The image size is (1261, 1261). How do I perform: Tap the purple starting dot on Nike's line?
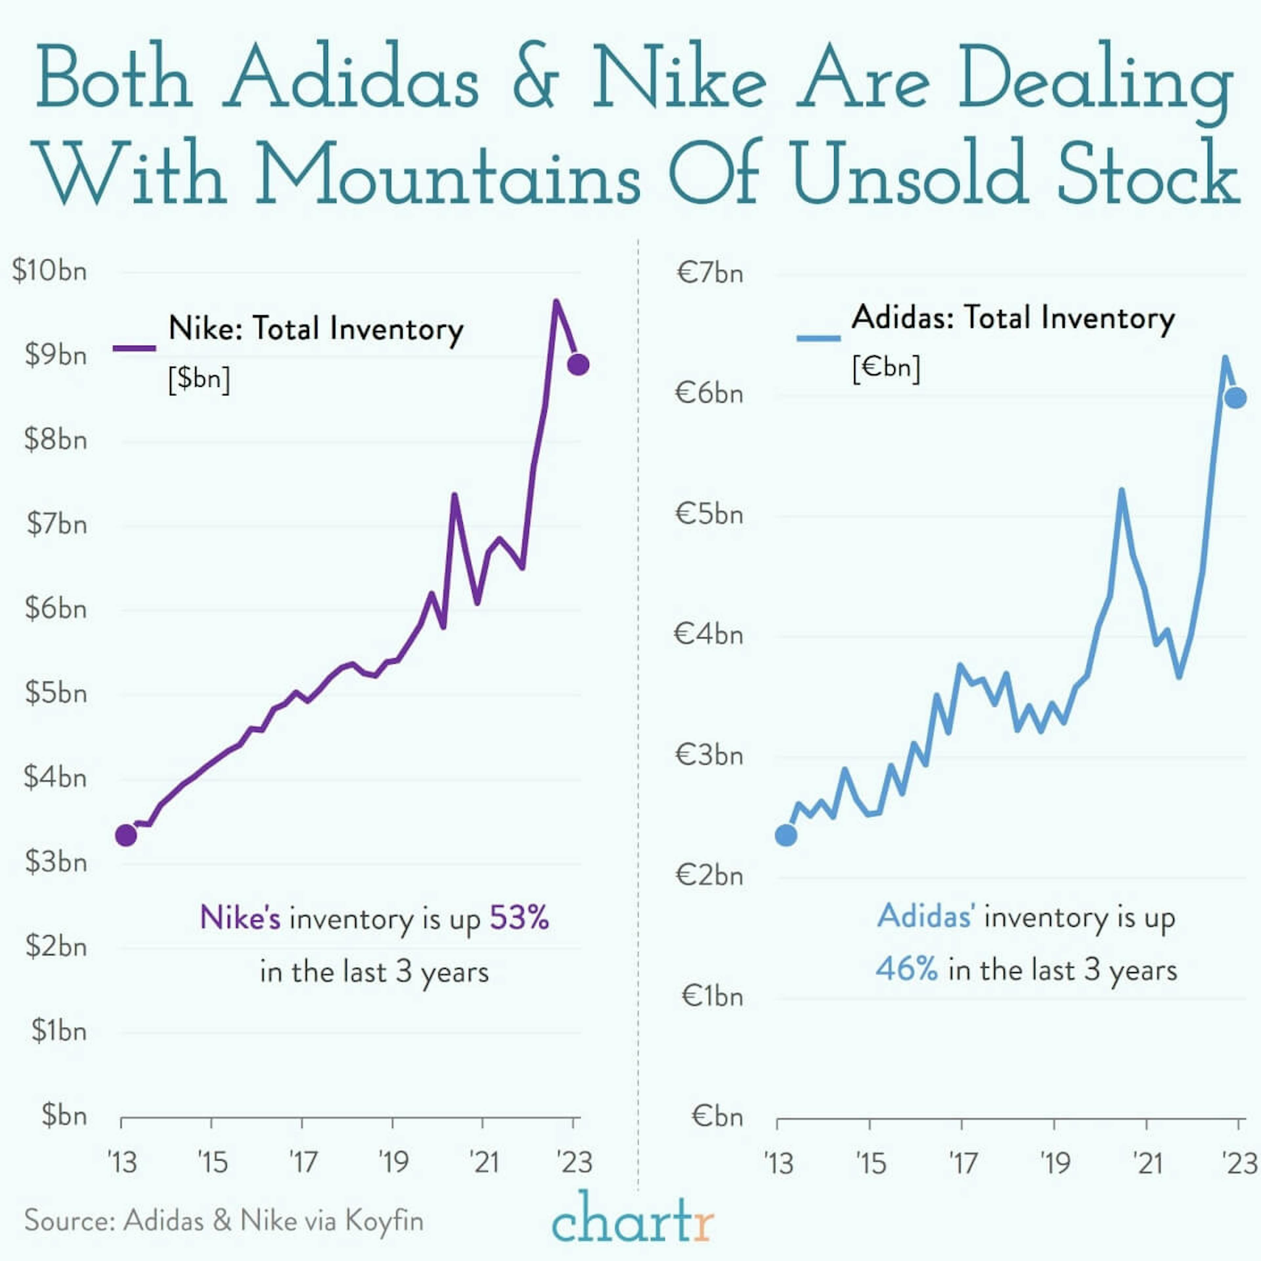tap(126, 835)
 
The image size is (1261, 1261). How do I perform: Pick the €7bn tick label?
tap(709, 273)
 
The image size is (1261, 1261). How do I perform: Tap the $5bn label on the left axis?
tap(55, 693)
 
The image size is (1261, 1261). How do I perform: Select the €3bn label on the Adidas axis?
tap(709, 755)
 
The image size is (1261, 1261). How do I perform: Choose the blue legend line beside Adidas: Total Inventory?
tap(818, 338)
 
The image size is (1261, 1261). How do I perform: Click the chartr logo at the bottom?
tap(632, 1218)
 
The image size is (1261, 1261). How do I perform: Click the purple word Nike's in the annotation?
tap(240, 918)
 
